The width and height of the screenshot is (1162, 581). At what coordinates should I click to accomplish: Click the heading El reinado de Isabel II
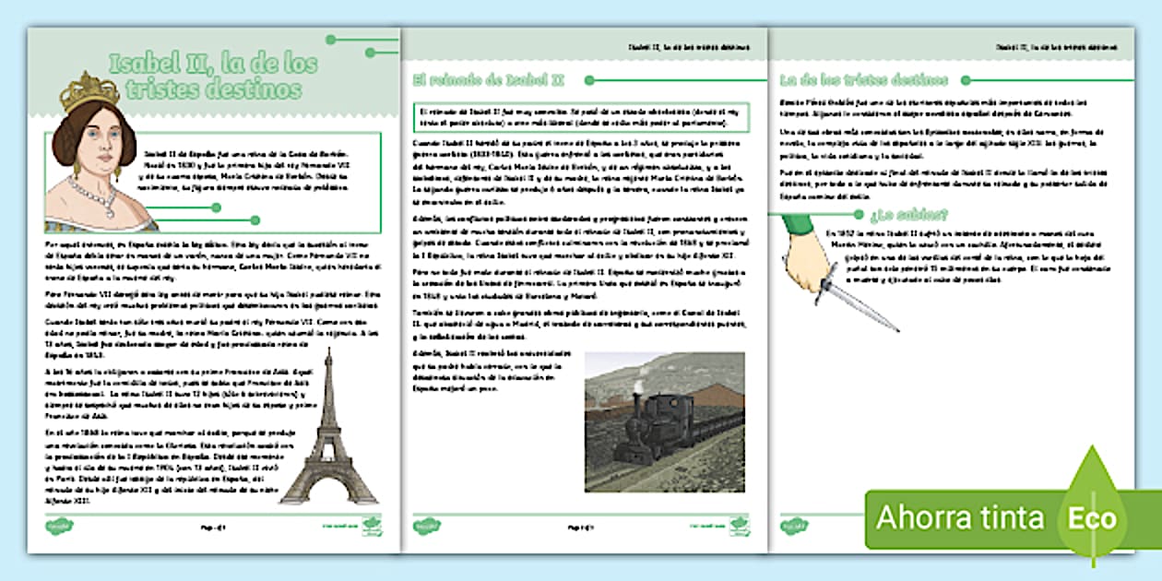pyautogui.click(x=492, y=81)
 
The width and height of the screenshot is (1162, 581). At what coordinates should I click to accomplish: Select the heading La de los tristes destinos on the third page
pyautogui.click(x=863, y=80)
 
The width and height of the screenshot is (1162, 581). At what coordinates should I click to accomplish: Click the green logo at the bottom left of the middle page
pyautogui.click(x=428, y=527)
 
